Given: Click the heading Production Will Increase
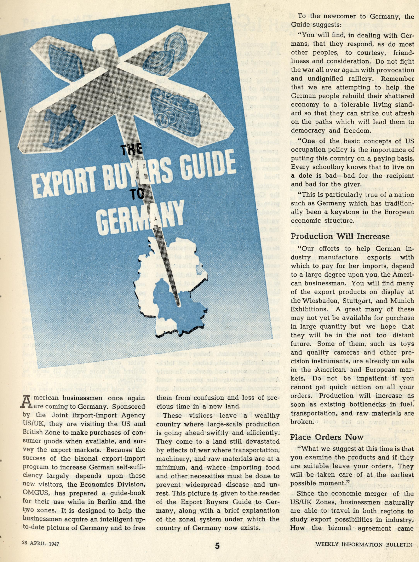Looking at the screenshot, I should click(340, 236).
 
